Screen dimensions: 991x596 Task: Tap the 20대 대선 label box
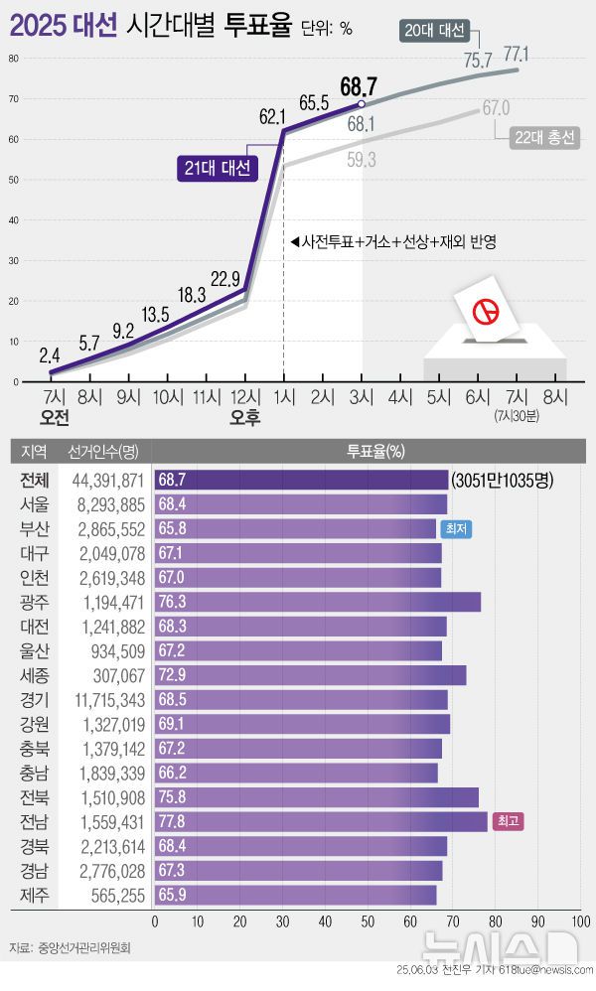(x=435, y=30)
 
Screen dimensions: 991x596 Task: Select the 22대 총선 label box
(x=544, y=138)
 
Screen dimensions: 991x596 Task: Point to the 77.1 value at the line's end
(x=516, y=53)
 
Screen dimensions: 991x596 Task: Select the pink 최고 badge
(x=507, y=821)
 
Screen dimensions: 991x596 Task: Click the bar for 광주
(x=318, y=602)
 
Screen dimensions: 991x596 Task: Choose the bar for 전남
(x=321, y=821)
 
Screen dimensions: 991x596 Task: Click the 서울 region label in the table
(x=34, y=504)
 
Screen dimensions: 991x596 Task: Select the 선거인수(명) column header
(x=103, y=452)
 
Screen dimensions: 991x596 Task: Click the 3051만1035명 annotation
(x=502, y=481)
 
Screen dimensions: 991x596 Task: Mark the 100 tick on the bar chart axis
(x=581, y=920)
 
